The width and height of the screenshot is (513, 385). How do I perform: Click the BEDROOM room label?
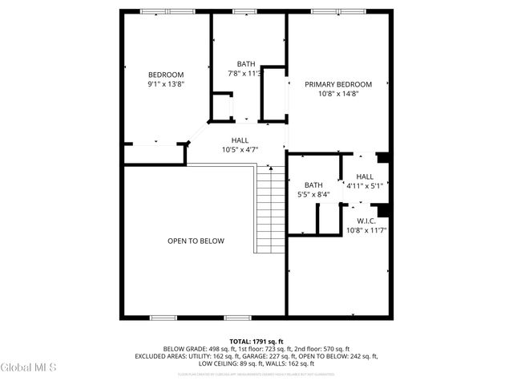(x=166, y=75)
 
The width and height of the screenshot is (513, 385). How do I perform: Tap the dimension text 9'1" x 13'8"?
(x=166, y=83)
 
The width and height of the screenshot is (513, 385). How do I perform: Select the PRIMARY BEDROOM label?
(x=337, y=84)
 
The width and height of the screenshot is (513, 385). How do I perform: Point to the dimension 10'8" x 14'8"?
(x=337, y=93)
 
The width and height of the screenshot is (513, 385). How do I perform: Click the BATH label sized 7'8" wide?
(x=246, y=64)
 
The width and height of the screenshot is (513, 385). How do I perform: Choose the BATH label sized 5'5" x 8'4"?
(x=313, y=185)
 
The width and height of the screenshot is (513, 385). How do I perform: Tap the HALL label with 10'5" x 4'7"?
(x=240, y=140)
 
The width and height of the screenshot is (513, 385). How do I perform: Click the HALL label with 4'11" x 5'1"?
(x=365, y=176)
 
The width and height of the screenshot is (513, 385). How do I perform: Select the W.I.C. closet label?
(x=366, y=221)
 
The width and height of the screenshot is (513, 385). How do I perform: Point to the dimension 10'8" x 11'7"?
(x=366, y=230)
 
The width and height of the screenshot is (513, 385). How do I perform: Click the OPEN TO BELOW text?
(x=196, y=241)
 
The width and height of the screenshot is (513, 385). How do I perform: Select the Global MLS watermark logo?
(x=29, y=367)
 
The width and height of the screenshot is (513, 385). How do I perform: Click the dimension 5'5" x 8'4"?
(x=313, y=194)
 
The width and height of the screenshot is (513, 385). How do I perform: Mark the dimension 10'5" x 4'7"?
(x=240, y=149)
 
